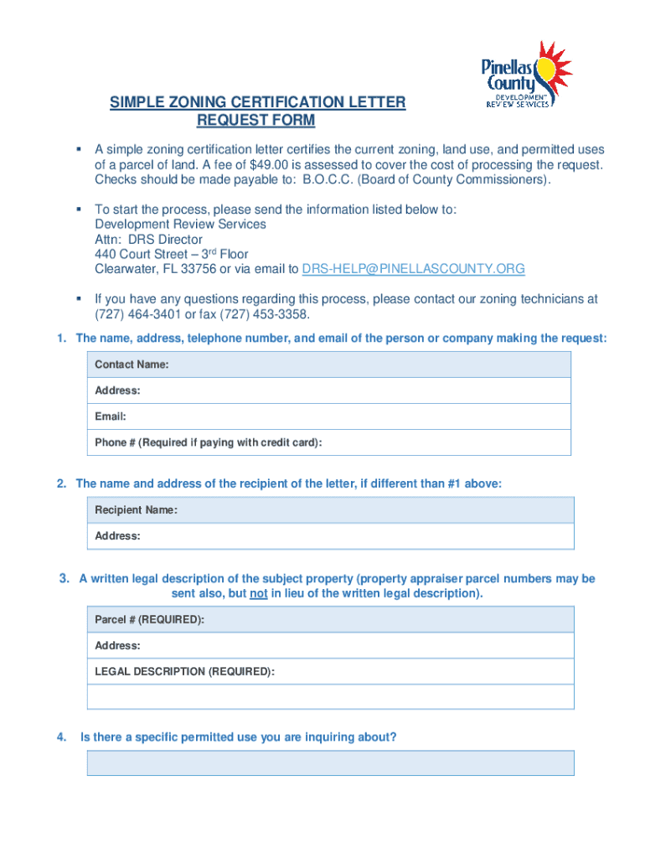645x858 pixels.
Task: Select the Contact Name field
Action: [x=329, y=364]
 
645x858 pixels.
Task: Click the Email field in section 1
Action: [x=329, y=416]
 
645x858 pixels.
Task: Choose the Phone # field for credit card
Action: [x=329, y=442]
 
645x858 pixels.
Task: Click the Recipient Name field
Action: [x=331, y=510]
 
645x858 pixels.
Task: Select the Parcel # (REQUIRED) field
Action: [x=331, y=620]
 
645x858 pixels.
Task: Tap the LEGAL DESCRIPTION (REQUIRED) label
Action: [x=184, y=672]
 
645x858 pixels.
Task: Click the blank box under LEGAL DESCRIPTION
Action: [x=331, y=697]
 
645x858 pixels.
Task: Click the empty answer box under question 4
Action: [x=331, y=763]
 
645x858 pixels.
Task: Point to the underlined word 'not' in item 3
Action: [x=258, y=594]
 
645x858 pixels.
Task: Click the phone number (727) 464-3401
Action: [x=136, y=315]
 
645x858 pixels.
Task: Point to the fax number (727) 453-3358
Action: [x=263, y=315]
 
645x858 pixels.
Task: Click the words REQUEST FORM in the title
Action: [x=255, y=121]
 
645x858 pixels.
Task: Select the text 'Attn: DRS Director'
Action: [x=148, y=239]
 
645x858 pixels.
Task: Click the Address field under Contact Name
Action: [x=329, y=390]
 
